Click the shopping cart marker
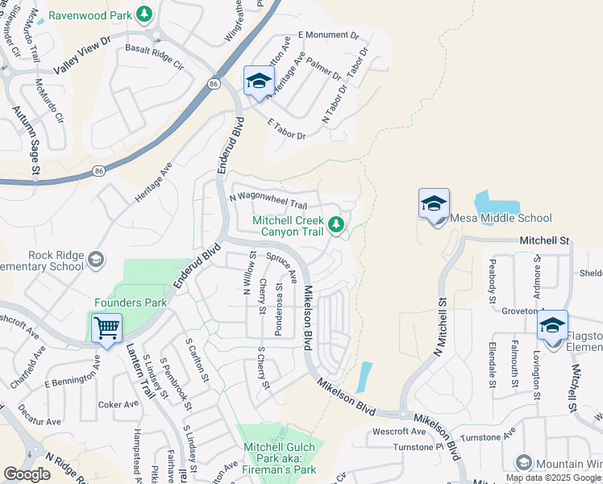coord(106,328)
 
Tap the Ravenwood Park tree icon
coord(143,14)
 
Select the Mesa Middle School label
coord(500,218)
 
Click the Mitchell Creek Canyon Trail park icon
coord(336,224)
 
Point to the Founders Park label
coord(131,303)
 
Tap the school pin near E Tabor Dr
coord(259,81)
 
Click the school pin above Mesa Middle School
coord(434,204)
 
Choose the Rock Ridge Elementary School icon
coord(96,259)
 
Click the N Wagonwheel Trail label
coord(268,200)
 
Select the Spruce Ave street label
coord(279,266)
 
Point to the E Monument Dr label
coord(328,35)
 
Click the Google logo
coord(27,474)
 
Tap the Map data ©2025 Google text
coord(554,478)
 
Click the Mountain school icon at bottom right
coord(524,462)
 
